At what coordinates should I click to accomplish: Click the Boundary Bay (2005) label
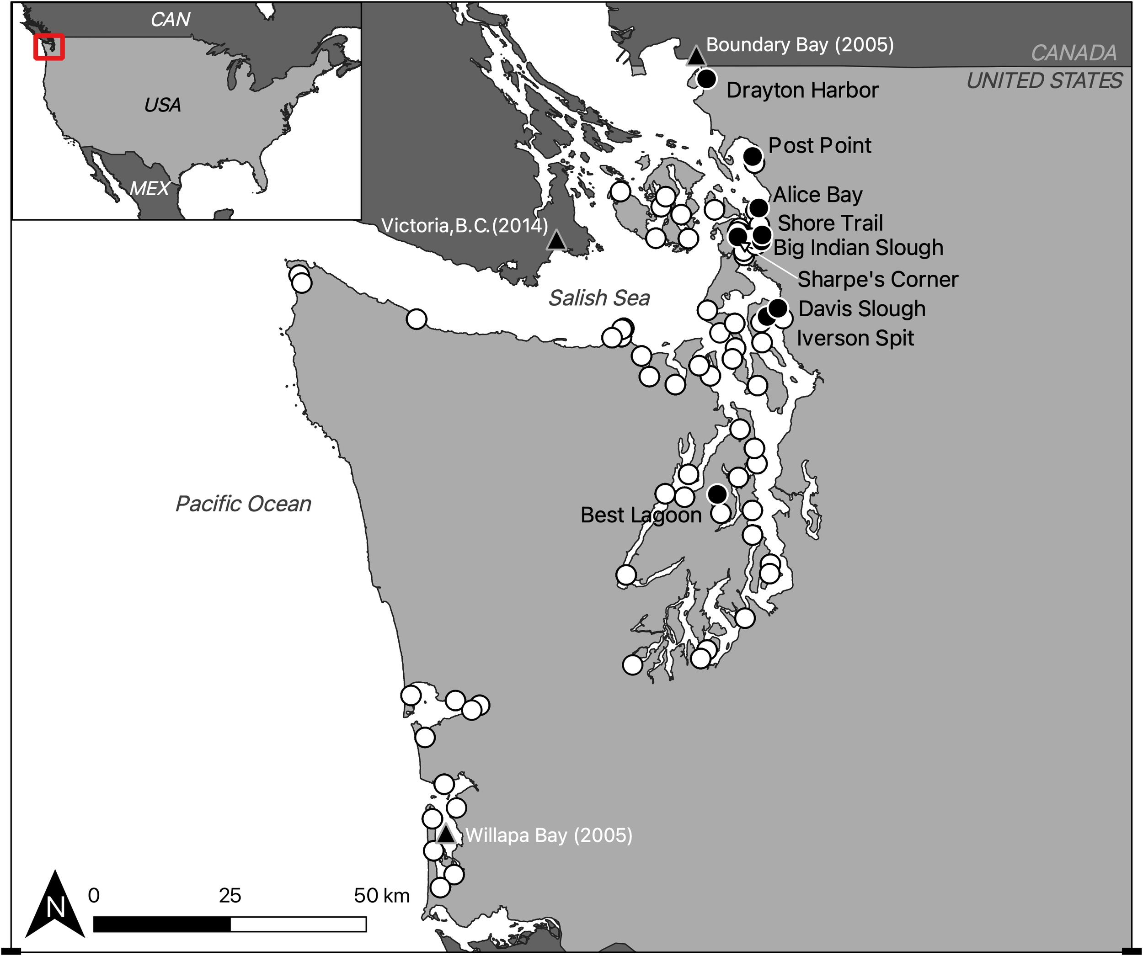[x=800, y=45]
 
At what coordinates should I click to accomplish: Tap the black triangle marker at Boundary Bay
[x=695, y=57]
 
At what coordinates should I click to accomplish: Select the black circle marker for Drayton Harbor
[x=706, y=80]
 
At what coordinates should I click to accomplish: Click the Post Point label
[x=819, y=146]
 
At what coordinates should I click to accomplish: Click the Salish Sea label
[x=599, y=298]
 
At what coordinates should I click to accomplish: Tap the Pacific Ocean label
[x=243, y=504]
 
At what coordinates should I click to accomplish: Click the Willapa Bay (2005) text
[x=549, y=835]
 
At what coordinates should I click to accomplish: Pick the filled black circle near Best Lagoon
[x=717, y=494]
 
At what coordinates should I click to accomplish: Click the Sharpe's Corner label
[x=877, y=280]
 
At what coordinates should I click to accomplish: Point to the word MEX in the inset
[x=149, y=189]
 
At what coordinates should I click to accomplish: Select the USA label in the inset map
[x=162, y=105]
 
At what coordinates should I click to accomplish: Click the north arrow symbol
[x=55, y=905]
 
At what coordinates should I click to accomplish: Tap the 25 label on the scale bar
[x=230, y=896]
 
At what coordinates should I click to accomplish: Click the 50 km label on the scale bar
[x=382, y=896]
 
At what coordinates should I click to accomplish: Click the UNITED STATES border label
[x=1044, y=81]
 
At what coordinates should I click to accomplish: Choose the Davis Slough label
[x=862, y=309]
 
